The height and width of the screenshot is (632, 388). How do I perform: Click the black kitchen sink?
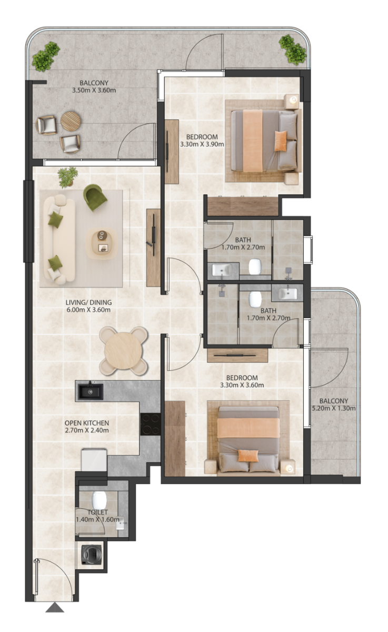coord(90,391)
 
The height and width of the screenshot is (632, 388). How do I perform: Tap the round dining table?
coord(123,350)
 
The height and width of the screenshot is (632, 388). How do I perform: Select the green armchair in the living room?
coord(95,197)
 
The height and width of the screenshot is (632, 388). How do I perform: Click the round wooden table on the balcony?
coord(71,121)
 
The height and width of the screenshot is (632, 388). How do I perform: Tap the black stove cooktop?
coord(150,424)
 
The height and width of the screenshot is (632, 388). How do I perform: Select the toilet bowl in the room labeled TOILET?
coord(99,500)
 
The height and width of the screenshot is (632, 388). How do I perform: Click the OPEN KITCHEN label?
coord(86,423)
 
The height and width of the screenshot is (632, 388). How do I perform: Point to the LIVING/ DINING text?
coord(88,302)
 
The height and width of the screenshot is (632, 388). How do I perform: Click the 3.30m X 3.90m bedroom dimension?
coord(202,144)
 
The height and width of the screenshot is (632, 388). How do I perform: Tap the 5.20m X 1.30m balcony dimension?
coord(334,408)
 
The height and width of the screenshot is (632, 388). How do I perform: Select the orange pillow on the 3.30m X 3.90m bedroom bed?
coord(281,141)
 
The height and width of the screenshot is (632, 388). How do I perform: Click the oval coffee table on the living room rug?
coord(101,243)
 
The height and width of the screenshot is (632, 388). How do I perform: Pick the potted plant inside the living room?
coord(67,177)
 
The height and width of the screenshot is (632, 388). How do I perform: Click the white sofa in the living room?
coord(59,239)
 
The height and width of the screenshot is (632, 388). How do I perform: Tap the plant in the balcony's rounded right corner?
coord(293,50)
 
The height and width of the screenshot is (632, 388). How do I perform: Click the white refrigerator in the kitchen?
coord(94,460)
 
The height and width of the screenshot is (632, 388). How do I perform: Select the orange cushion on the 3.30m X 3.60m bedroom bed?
coord(248,456)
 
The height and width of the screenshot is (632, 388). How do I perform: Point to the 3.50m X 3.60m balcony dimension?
coord(94,90)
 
